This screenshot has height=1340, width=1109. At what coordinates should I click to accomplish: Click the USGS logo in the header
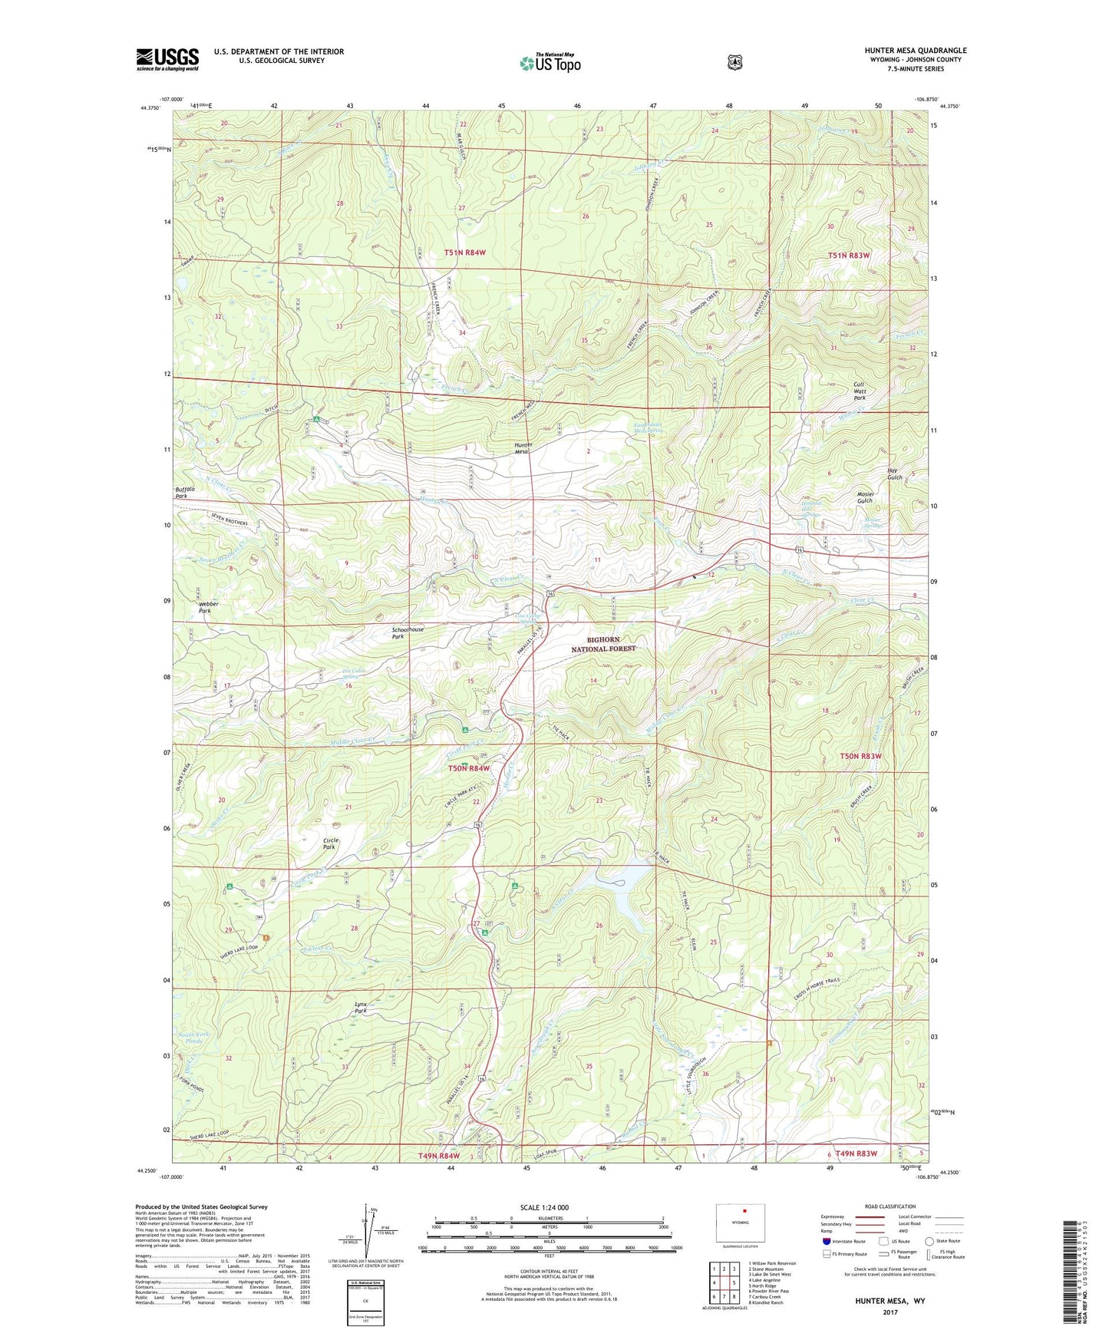tap(167, 58)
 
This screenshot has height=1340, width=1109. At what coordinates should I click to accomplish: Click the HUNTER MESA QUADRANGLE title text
tap(915, 51)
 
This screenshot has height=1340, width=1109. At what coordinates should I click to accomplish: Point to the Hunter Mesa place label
tap(523, 448)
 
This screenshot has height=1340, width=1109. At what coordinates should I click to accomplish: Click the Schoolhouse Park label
tap(408, 632)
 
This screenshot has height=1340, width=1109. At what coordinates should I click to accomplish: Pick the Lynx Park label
tap(361, 1008)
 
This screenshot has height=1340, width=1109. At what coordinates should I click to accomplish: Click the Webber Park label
tap(208, 607)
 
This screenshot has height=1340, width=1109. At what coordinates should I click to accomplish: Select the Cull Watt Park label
tap(860, 392)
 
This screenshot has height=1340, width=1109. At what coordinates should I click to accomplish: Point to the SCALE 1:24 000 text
tap(544, 1207)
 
